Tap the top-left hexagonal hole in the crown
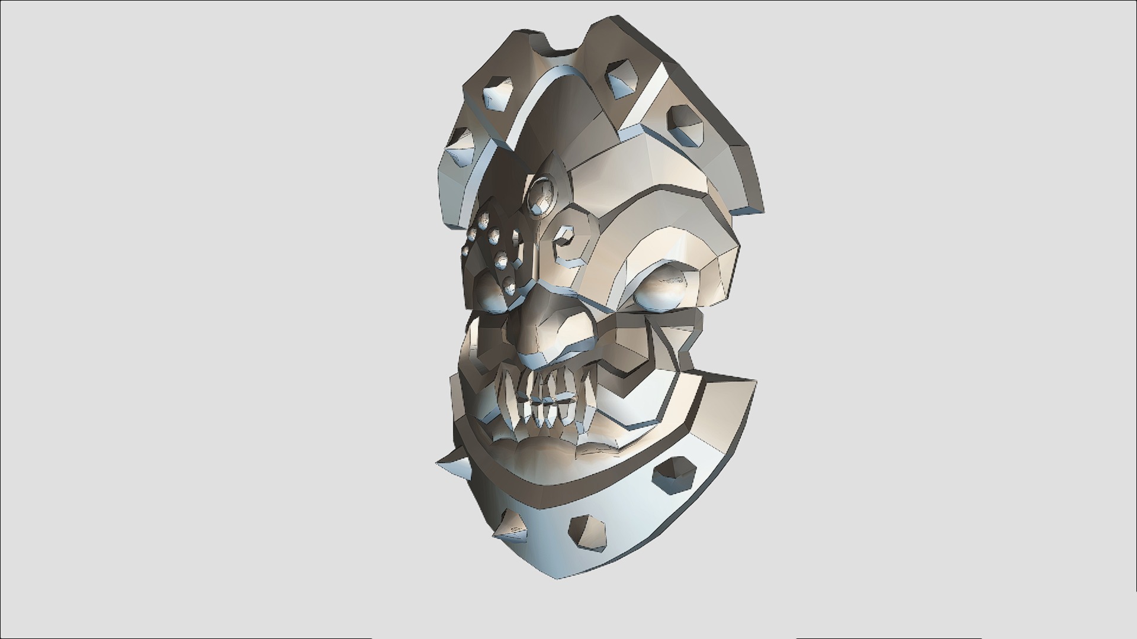pyautogui.click(x=496, y=92)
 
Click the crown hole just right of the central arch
pyautogui.click(x=619, y=78)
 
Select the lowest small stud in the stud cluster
pyautogui.click(x=509, y=289)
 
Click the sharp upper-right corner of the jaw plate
pyautogui.click(x=754, y=382)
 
